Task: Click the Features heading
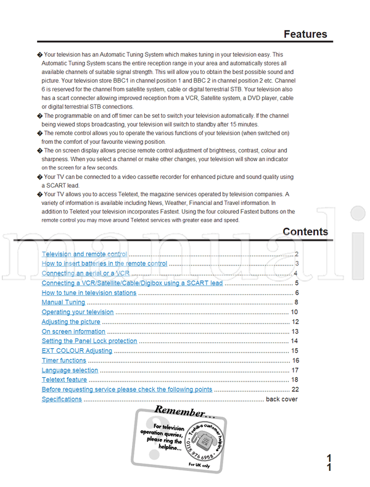(305, 34)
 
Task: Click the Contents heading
(305, 232)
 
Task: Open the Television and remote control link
(84, 254)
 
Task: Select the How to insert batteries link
(104, 264)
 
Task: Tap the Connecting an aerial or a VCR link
(86, 273)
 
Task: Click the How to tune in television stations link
(89, 293)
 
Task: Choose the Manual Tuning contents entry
(63, 302)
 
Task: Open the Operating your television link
(78, 312)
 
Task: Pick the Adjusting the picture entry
(70, 322)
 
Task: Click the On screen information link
(73, 331)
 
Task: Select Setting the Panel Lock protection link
(89, 341)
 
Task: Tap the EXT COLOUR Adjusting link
(77, 351)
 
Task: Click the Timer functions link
(64, 360)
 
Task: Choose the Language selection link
(70, 370)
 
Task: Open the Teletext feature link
(64, 380)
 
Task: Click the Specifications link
(62, 399)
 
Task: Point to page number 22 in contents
(295, 389)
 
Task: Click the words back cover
(281, 399)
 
